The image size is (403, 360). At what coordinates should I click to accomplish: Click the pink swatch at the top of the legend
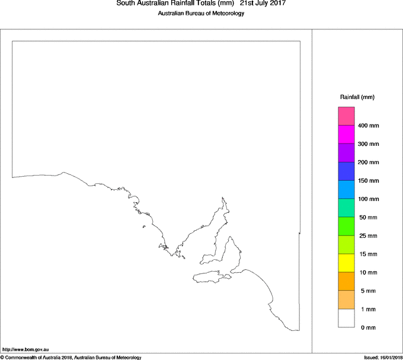(x=346, y=116)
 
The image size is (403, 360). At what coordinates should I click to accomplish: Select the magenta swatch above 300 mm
(x=346, y=135)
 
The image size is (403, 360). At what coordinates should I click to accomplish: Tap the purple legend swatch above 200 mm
(x=346, y=153)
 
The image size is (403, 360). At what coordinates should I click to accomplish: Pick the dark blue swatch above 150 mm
(x=346, y=171)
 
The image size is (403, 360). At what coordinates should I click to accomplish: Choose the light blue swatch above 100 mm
(x=346, y=190)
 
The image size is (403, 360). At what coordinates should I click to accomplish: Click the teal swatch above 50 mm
(x=346, y=208)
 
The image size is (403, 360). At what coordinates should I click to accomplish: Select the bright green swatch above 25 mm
(x=346, y=227)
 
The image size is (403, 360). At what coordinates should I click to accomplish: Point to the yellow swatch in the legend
(x=346, y=263)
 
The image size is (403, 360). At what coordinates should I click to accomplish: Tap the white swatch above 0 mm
(x=346, y=318)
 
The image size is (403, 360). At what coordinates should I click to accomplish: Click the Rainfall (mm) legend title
(x=357, y=97)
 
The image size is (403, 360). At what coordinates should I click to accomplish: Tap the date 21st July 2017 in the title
(x=263, y=4)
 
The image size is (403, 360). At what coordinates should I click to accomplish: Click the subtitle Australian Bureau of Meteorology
(x=201, y=14)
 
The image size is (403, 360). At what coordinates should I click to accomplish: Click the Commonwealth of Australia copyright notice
(x=71, y=357)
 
